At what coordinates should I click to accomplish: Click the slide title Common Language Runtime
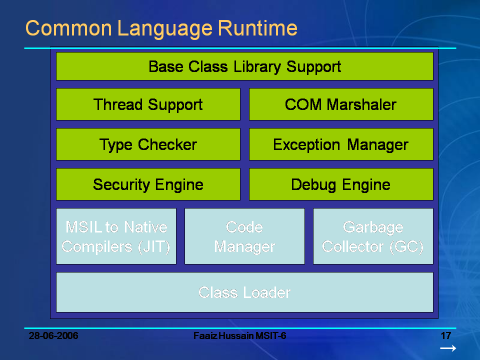[161, 28]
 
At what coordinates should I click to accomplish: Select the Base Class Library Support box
[244, 66]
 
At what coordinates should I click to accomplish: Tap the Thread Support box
[148, 104]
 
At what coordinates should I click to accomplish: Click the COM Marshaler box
[340, 104]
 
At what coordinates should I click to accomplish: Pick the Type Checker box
[148, 144]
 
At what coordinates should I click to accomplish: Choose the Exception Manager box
[340, 144]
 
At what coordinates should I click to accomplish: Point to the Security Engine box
[148, 184]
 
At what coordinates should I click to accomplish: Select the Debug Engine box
[340, 184]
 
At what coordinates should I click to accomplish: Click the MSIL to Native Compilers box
[116, 236]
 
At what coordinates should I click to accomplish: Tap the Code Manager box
[244, 236]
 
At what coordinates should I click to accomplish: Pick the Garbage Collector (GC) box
[372, 236]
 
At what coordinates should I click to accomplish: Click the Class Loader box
[244, 292]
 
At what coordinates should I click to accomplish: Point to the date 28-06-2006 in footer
[53, 335]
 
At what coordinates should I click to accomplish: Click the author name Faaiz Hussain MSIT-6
[239, 335]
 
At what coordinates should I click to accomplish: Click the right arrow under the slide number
[447, 348]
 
